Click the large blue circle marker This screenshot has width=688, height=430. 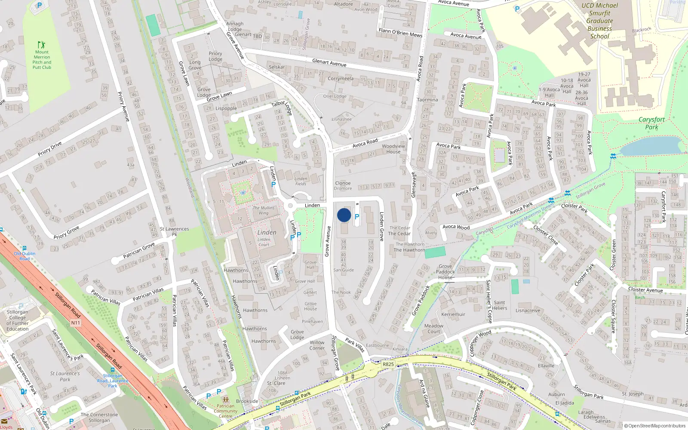344,215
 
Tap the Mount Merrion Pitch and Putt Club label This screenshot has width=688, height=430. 42,60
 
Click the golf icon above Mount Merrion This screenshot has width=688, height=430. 41,45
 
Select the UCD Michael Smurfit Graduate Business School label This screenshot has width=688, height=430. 599,21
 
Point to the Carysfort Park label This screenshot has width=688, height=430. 651,123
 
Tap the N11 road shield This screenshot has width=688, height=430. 76,322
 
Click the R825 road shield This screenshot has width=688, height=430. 388,364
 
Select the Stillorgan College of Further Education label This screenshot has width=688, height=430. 18,320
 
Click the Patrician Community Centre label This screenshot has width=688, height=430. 225,411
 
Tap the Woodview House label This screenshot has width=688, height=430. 393,149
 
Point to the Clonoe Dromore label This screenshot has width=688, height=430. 343,186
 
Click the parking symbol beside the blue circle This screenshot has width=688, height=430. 356,217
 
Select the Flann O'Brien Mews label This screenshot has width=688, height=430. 400,33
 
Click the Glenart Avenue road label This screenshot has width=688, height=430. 329,63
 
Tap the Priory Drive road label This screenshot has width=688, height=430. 50,149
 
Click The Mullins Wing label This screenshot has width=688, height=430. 263,210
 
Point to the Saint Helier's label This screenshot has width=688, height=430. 499,305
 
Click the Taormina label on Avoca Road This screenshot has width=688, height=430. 427,100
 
